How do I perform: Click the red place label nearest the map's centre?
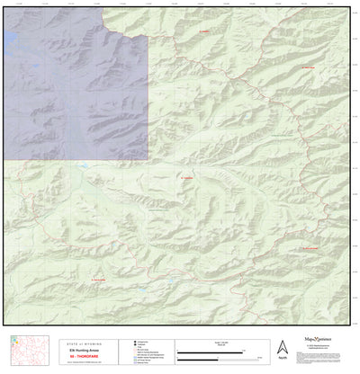click(x=188, y=178)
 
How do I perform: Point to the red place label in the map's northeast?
click(x=307, y=67)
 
